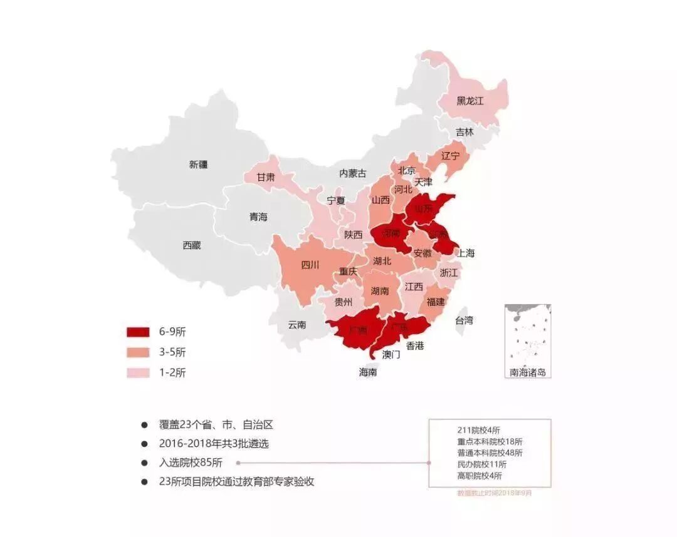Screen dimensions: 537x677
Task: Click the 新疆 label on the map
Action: (198, 165)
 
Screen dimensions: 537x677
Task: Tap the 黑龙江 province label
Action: (470, 101)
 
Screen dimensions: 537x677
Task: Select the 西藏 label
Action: (192, 245)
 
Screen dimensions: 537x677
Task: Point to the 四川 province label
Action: (310, 265)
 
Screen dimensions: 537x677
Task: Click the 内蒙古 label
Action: (352, 173)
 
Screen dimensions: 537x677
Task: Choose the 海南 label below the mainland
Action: (368, 372)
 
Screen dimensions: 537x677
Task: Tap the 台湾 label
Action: (464, 320)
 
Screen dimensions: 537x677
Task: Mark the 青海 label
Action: (258, 217)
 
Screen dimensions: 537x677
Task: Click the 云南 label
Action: (297, 325)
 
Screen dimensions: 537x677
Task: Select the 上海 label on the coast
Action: (466, 253)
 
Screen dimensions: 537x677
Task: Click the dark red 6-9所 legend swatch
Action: (138, 332)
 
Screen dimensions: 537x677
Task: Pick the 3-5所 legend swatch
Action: (138, 352)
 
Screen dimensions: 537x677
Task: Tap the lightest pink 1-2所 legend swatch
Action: (138, 372)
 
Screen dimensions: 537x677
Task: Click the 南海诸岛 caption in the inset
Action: (528, 372)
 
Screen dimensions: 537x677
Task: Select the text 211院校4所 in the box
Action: (479, 430)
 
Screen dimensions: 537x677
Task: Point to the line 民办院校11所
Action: (482, 464)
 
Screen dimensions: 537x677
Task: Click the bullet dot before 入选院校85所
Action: (145, 463)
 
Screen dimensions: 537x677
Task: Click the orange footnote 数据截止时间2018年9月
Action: (495, 493)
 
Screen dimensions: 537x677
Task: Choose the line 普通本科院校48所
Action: (490, 453)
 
